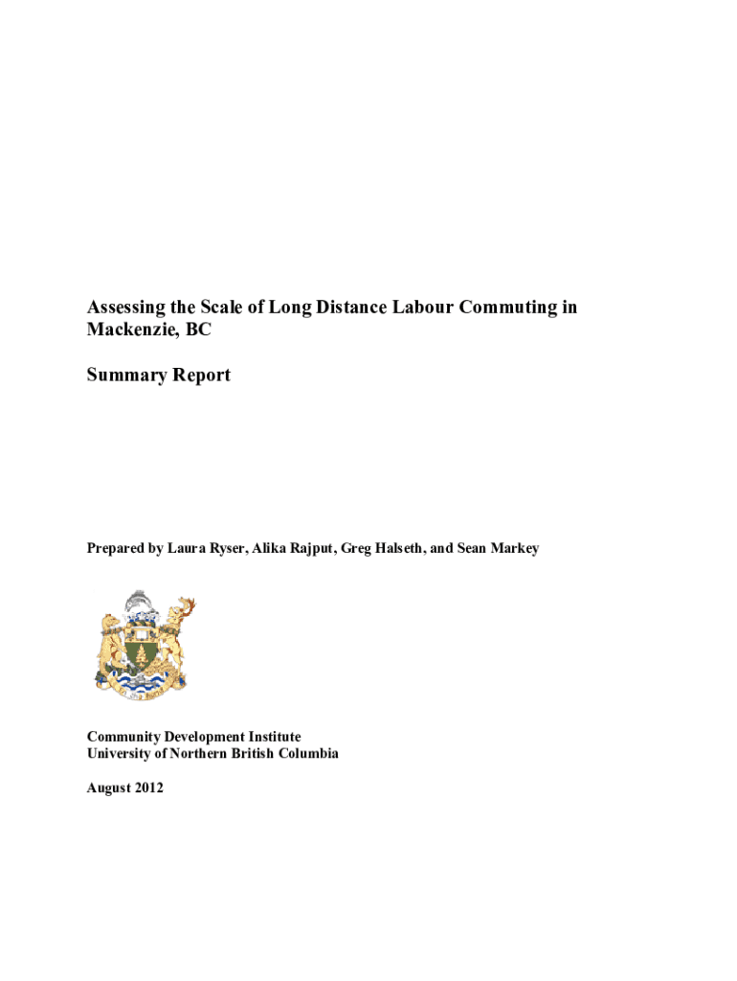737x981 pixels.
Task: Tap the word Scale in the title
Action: (x=222, y=308)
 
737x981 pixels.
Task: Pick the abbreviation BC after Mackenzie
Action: (x=198, y=331)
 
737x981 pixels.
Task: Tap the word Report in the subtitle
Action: (x=200, y=376)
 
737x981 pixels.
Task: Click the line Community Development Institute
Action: (x=193, y=737)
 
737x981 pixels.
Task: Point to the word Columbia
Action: (x=307, y=754)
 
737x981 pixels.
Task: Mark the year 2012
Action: (x=148, y=788)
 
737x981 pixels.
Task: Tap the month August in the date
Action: (x=108, y=788)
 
